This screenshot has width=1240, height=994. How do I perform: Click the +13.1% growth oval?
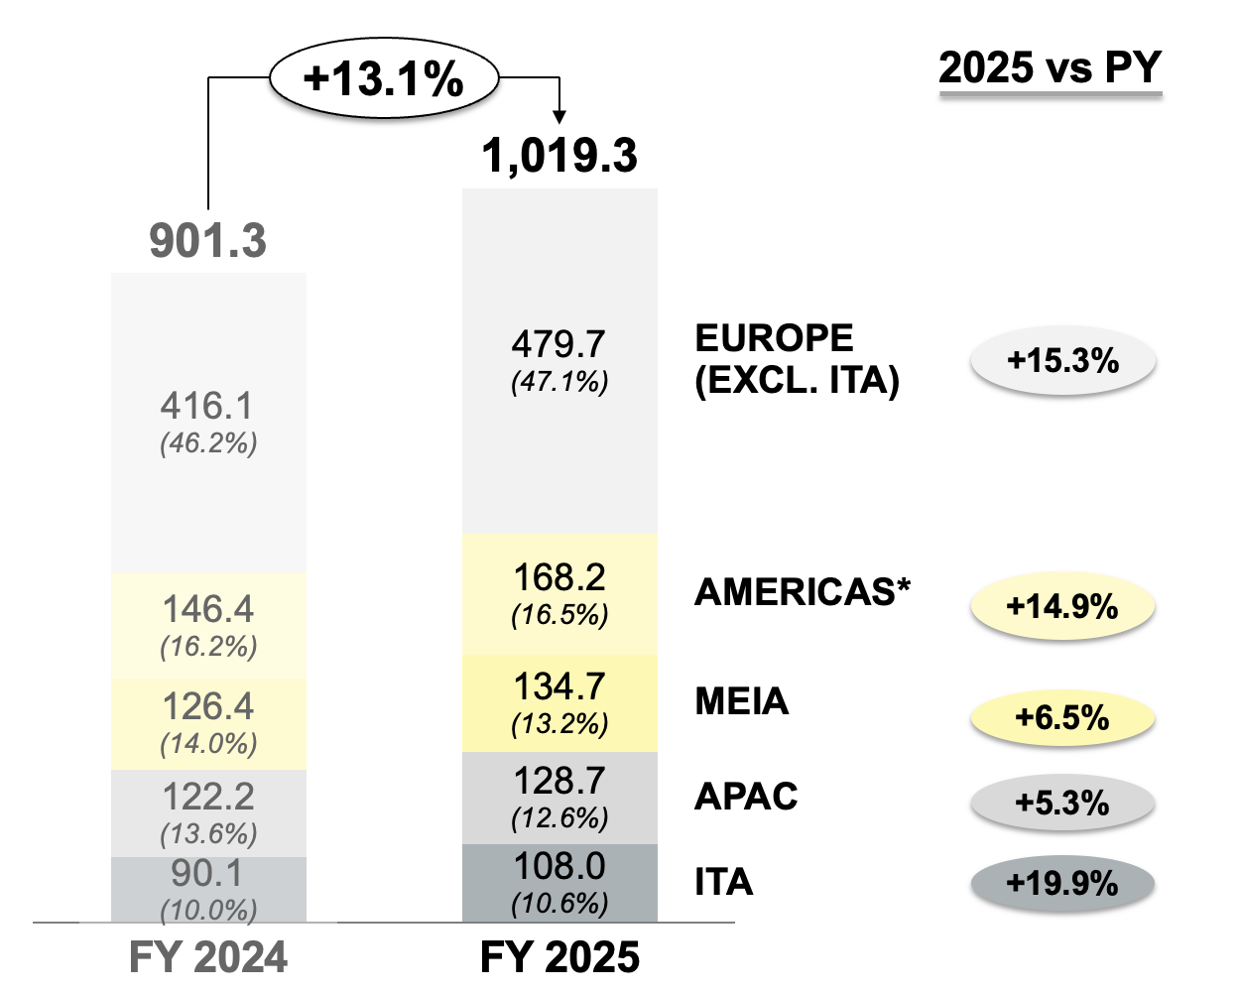[384, 78]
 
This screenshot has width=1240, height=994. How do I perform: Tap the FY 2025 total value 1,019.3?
[559, 156]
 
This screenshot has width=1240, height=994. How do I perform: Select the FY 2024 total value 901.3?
[208, 241]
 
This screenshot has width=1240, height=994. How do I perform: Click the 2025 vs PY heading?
[1050, 68]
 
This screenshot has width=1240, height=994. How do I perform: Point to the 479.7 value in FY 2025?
[558, 344]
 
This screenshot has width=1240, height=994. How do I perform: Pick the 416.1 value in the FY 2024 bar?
[207, 406]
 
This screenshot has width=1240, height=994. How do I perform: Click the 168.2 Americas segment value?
[559, 577]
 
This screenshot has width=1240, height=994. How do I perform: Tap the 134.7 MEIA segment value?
[559, 686]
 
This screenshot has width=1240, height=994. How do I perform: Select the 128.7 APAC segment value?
[559, 782]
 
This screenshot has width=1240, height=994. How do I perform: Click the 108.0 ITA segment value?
[559, 867]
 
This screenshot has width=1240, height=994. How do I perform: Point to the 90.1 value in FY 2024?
[207, 873]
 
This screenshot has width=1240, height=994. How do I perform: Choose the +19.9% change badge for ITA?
[1062, 883]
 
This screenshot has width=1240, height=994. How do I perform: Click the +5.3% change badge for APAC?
[1062, 802]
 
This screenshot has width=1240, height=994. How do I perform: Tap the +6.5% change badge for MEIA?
[1062, 717]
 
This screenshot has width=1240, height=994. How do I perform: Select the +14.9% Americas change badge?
[1062, 606]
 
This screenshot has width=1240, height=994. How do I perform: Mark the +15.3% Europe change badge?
[1062, 360]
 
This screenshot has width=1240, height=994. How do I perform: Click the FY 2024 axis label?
[208, 957]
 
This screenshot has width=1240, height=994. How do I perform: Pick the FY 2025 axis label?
[559, 957]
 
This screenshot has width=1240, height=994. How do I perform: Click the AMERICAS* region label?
[803, 592]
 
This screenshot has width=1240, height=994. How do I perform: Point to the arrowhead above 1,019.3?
[559, 117]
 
